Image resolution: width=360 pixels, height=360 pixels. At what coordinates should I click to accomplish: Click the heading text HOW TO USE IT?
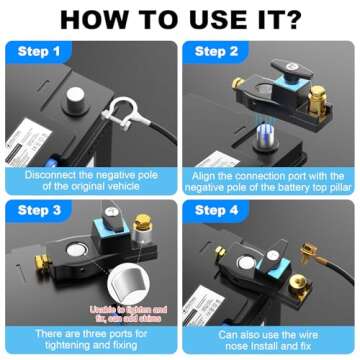tap(180, 18)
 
